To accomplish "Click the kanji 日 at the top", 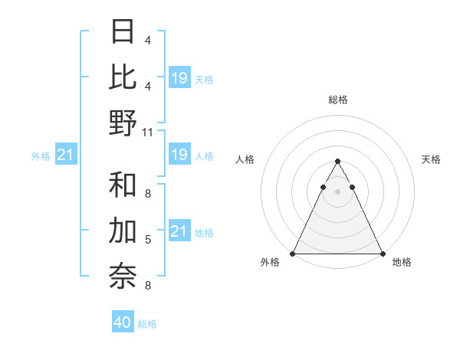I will pos(123,32).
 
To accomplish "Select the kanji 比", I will pos(123,77).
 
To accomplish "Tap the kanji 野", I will pos(123,123).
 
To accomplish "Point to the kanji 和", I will pos(123,185).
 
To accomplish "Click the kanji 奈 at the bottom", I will pos(123,277).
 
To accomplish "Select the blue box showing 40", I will pos(123,323).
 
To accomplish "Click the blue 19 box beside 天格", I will pos(179,77).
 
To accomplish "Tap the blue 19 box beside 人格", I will pos(179,155).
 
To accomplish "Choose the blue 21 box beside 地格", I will pos(179,231).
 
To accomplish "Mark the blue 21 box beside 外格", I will pos(66,155).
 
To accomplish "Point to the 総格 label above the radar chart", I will pos(337,100).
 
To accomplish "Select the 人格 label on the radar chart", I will pos(245,159).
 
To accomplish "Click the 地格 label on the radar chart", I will pos(402,262).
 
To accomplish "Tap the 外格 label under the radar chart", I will pos(270,262).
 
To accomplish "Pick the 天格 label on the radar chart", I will pos(431,159).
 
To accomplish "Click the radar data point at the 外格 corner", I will pos(293,254).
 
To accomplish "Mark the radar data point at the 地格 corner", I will pos(382,254).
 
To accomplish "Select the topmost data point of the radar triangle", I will pos(337,162).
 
